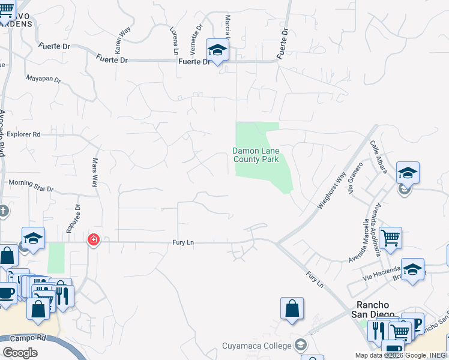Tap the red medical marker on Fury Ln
point(93,240)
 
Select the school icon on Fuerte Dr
point(217,50)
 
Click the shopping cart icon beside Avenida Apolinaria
point(390,238)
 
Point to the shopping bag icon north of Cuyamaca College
point(291,308)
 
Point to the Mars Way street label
point(94,173)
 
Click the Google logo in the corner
point(20,353)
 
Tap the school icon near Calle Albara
point(408,173)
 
